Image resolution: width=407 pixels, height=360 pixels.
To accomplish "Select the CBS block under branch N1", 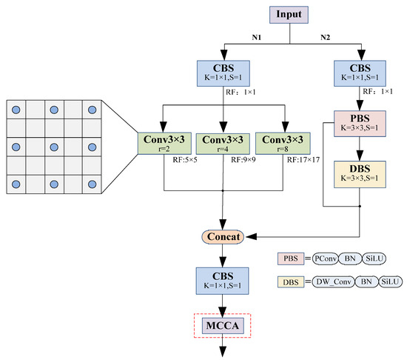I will click(223, 73).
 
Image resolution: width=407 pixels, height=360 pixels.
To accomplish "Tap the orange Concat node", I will click(223, 236).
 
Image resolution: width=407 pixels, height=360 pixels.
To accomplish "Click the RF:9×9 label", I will click(241, 160).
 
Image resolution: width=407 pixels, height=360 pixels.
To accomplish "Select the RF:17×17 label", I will click(305, 160).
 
